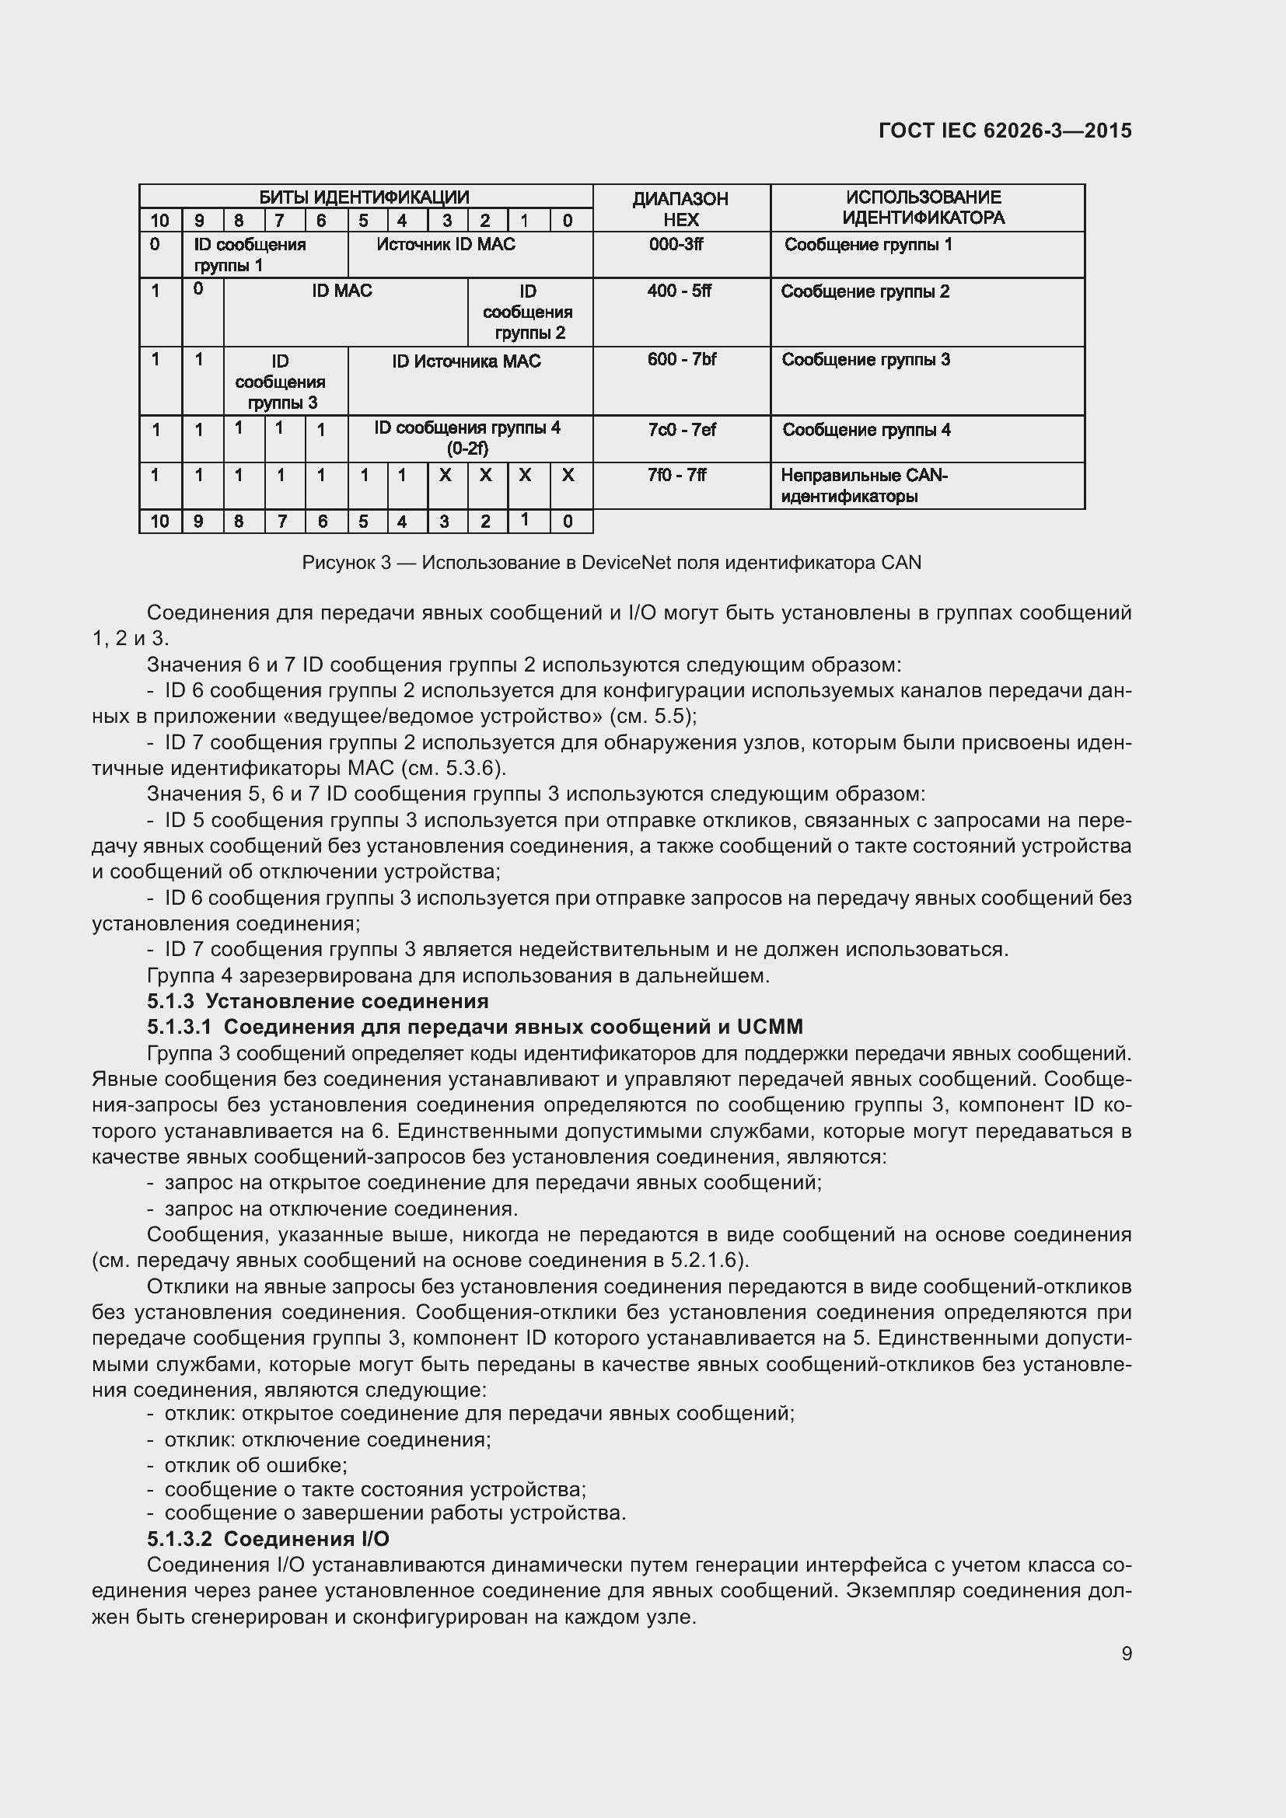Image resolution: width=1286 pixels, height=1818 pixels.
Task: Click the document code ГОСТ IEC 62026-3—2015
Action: [1005, 131]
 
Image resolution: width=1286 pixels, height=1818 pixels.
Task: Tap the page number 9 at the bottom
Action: [1126, 1653]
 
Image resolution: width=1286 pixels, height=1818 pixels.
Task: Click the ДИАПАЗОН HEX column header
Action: [680, 209]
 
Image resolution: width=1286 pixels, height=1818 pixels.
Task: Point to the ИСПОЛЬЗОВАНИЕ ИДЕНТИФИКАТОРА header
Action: [924, 208]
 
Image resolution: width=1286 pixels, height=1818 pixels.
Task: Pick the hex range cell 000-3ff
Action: [676, 245]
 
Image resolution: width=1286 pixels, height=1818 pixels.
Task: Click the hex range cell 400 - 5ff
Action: [679, 291]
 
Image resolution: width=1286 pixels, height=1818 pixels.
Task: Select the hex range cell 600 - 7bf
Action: [681, 360]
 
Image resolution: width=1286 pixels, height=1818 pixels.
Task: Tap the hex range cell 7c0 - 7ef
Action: [681, 430]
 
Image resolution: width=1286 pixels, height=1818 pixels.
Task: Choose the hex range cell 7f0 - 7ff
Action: [676, 475]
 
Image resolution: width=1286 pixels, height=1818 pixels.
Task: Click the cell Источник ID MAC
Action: [446, 245]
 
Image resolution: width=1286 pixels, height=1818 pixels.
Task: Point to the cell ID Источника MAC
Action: [467, 362]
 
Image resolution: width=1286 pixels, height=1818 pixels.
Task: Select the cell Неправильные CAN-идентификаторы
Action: [864, 486]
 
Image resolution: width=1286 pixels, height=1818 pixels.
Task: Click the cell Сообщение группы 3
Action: [865, 361]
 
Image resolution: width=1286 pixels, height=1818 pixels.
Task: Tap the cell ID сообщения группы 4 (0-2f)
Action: [467, 438]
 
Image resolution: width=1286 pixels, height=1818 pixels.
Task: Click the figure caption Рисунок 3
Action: [611, 563]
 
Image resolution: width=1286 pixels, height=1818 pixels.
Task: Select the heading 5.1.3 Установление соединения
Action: [317, 1002]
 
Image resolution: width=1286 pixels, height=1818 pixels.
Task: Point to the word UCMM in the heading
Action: [769, 1027]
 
